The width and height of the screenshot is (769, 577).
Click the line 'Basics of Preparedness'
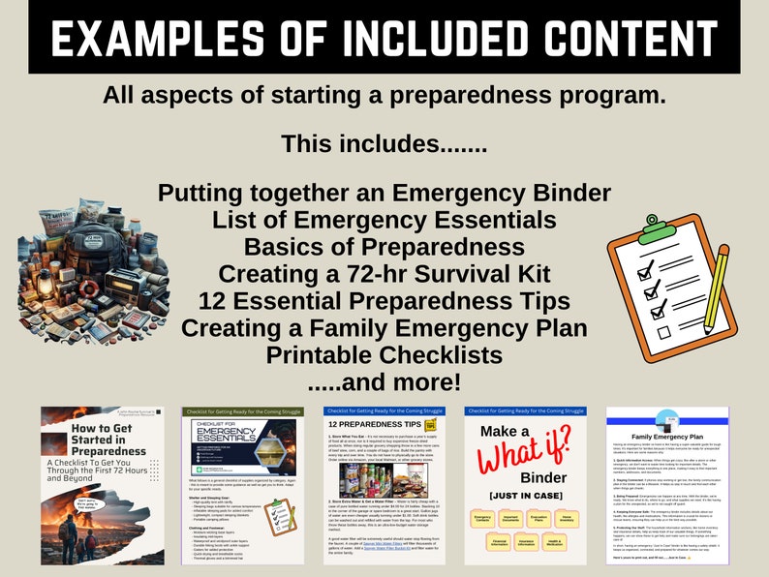click(384, 246)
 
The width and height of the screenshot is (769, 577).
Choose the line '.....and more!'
click(384, 382)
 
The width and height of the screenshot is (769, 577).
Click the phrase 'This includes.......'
click(384, 143)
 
